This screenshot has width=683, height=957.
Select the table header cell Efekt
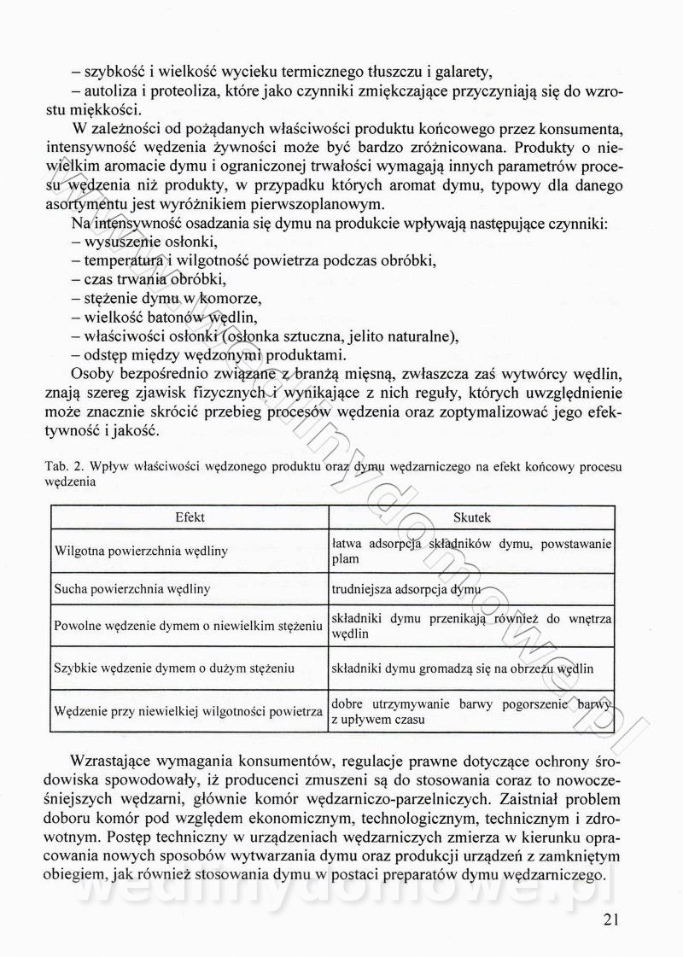point(189,517)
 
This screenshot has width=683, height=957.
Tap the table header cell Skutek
point(472,517)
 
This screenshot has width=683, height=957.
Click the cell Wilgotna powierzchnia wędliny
point(141,551)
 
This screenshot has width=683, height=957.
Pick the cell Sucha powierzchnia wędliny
point(132,589)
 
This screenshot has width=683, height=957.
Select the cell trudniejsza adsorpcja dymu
point(406,589)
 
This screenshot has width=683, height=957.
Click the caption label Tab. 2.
point(62,468)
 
